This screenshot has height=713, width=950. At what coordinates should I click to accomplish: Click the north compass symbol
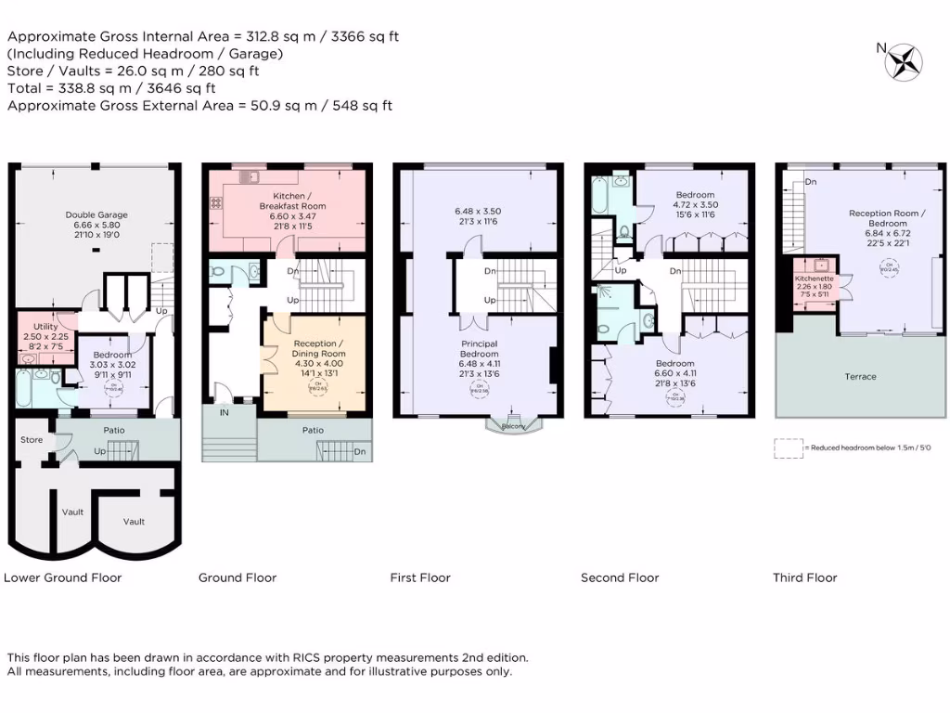(902, 61)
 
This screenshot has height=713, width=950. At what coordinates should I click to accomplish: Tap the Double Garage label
(96, 214)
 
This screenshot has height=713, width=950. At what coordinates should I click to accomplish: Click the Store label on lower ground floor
(31, 439)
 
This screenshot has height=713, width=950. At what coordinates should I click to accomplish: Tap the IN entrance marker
(224, 412)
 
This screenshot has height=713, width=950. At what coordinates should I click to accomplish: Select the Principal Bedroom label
(480, 348)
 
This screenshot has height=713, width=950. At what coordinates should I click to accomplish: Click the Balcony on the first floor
(513, 426)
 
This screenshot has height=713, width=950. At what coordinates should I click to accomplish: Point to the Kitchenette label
(814, 279)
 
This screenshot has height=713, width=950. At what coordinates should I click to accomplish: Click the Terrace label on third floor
(860, 376)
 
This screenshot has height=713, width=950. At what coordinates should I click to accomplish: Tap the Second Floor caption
(620, 577)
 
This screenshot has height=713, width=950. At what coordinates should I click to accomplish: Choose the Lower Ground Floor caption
(62, 577)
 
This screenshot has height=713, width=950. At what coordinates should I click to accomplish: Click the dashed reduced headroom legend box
(788, 447)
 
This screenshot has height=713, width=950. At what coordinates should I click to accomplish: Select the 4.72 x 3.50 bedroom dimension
(696, 204)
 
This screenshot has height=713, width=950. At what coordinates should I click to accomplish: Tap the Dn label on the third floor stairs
(811, 181)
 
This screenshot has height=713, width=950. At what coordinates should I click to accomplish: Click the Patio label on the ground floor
(313, 430)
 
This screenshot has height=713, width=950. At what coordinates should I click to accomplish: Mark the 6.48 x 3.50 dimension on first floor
(480, 211)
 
